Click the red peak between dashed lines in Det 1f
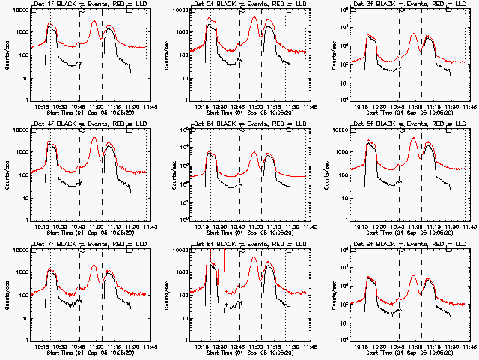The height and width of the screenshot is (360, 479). coord(94,21)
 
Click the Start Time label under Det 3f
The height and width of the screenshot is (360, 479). coord(409,112)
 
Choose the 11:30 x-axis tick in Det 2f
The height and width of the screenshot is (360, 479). coord(287,106)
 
